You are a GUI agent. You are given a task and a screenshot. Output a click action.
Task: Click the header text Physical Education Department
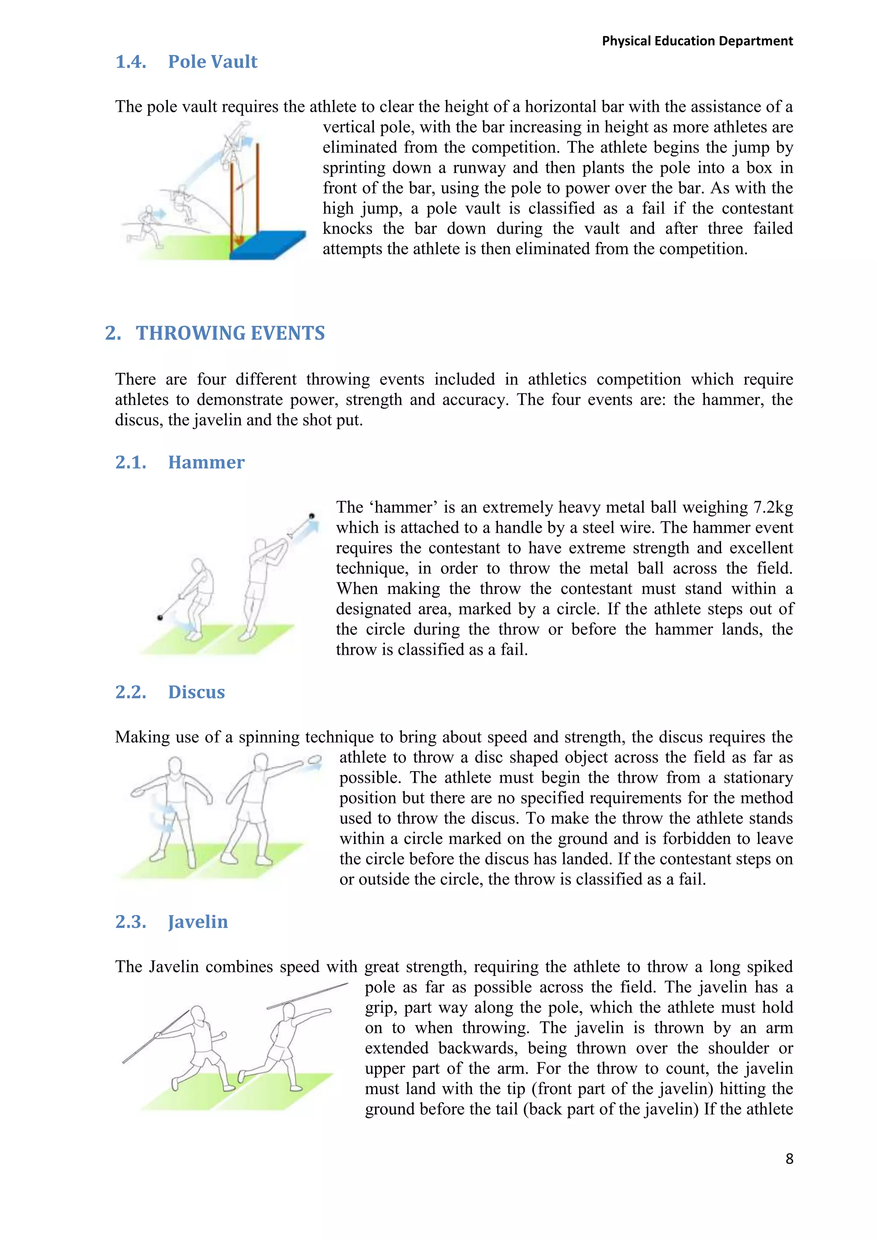point(697,41)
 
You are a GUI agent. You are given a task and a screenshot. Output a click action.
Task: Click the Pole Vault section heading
point(212,62)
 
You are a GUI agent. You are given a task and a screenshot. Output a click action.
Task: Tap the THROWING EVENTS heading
point(230,333)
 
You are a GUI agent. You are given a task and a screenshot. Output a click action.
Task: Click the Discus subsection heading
point(196,692)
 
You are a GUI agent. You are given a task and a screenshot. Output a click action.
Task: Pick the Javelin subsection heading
point(198,921)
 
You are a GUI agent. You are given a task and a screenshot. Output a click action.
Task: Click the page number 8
point(789,1159)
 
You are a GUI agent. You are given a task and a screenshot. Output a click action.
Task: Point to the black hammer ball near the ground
point(160,617)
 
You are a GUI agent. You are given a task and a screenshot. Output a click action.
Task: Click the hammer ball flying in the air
point(312,516)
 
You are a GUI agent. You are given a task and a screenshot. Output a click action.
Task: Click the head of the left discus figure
point(176,766)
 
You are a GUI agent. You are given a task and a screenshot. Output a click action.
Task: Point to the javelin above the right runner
point(308,996)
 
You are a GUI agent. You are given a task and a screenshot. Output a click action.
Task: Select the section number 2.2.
point(130,692)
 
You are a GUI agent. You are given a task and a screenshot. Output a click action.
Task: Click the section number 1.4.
point(130,62)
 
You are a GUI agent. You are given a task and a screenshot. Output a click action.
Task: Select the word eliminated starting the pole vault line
point(359,147)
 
